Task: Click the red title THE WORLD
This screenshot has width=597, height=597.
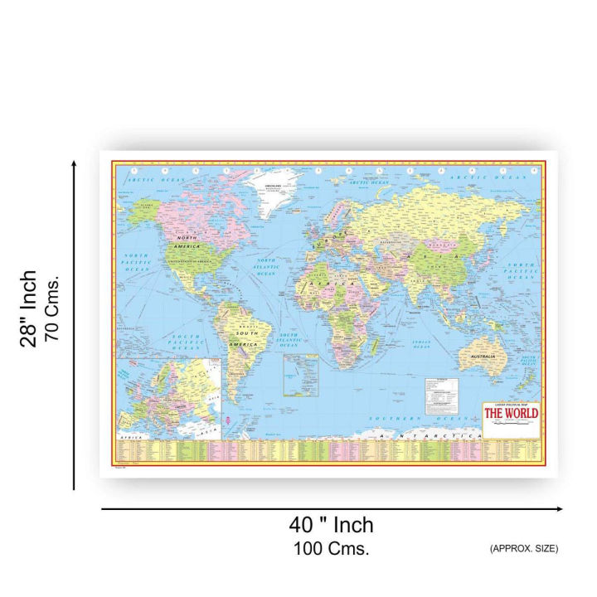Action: [510, 413]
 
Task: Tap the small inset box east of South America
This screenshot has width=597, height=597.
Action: [300, 375]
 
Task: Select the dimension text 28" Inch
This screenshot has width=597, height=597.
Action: [30, 308]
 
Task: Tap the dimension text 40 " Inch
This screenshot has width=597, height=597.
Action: [331, 525]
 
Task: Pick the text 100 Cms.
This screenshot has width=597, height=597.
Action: [331, 548]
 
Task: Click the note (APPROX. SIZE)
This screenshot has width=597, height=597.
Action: [523, 548]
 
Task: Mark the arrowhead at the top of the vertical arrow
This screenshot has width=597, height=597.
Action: [75, 164]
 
